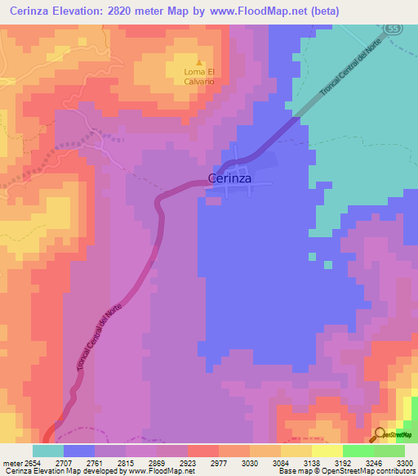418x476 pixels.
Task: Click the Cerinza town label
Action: (x=229, y=177)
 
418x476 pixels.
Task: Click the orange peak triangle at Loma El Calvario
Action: (x=199, y=61)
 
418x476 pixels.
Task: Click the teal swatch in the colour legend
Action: (x=48, y=451)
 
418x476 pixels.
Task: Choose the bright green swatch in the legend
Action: (x=358, y=451)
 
